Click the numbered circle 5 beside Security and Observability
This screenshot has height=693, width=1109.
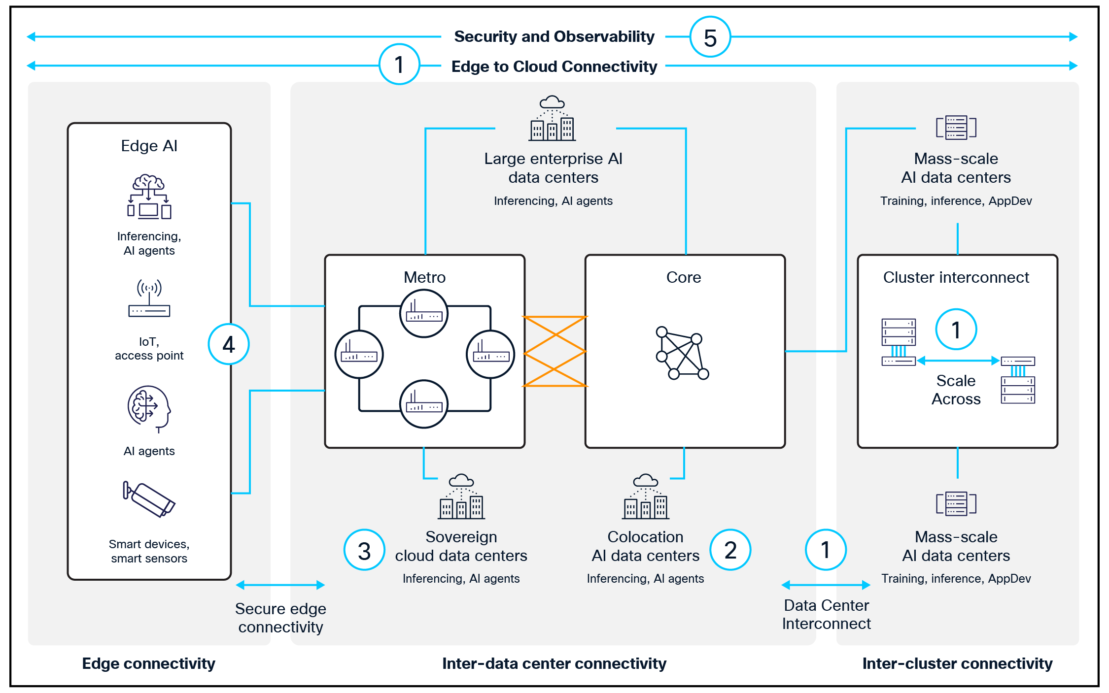[710, 37]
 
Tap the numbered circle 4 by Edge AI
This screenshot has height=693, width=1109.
[229, 344]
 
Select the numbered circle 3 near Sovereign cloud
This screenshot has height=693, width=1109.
[364, 550]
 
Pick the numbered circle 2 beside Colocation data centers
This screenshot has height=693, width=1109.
[730, 550]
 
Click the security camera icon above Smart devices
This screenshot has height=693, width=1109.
[148, 499]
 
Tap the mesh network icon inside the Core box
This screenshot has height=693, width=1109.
[682, 353]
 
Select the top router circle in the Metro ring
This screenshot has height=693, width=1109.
[424, 314]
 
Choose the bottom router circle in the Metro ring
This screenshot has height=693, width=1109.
[424, 404]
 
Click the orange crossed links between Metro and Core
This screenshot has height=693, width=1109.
[555, 351]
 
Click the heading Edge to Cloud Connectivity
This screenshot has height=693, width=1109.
[554, 66]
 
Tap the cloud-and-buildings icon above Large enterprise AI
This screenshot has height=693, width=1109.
[552, 119]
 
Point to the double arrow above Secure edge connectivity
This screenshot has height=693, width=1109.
[280, 585]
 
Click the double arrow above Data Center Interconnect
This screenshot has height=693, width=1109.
[826, 585]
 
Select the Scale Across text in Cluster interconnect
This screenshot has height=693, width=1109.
[956, 390]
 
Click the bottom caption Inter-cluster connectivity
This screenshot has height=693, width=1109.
[957, 663]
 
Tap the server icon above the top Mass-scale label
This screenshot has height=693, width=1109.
[956, 128]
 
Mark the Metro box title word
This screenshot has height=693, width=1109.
[424, 277]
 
